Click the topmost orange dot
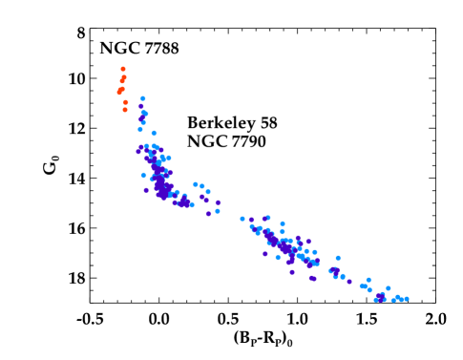coord(123,69)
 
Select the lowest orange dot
coord(125,110)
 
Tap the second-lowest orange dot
coord(126,102)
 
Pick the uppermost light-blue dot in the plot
coord(143,98)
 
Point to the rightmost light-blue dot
coord(407,299)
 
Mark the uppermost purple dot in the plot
coord(141,106)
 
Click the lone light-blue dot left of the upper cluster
coord(144,175)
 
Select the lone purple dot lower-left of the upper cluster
coord(146,190)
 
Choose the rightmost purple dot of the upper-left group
coord(219,202)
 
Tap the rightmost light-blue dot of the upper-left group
coord(218,211)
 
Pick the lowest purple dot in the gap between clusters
coord(209,214)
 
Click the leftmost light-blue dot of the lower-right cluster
coord(242,219)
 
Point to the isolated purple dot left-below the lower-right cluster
coord(265,254)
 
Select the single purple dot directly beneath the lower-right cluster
coord(292,272)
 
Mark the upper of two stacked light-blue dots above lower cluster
coord(283,223)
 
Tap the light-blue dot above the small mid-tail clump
coord(338,258)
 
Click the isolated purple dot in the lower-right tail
coord(349,282)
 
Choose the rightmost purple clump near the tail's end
coord(381,297)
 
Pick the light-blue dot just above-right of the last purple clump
coord(388,288)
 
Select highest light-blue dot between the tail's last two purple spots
coord(368,280)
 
